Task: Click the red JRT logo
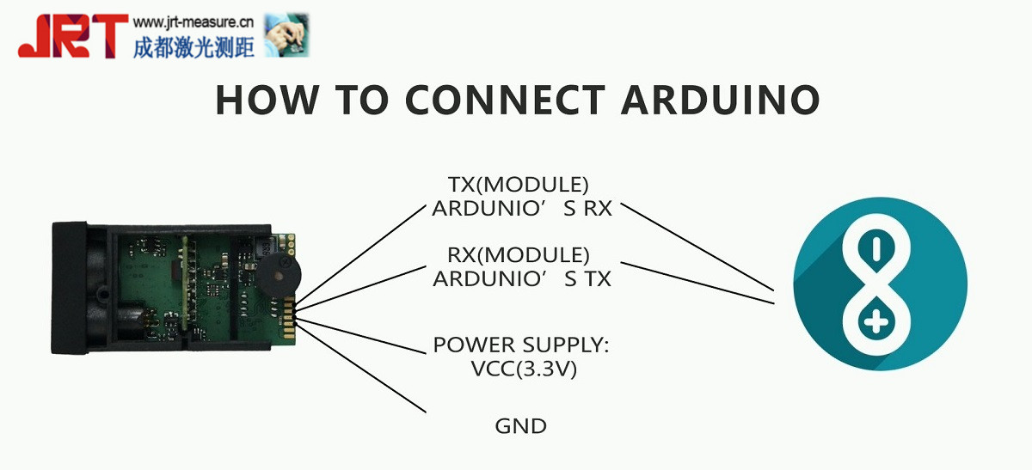[x=72, y=36]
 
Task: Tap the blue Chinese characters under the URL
[x=193, y=46]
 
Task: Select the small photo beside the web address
[x=286, y=35]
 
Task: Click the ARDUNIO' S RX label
[x=521, y=208]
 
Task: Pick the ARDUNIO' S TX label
[x=521, y=278]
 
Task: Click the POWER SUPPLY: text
[x=520, y=345]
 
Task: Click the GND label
[x=520, y=425]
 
